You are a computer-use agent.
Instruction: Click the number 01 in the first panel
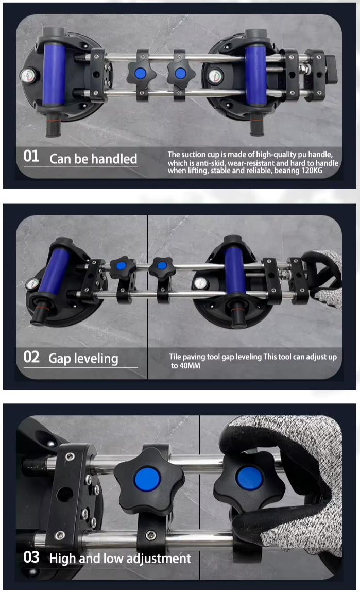pyautogui.click(x=31, y=156)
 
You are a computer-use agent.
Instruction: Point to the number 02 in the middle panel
pyautogui.click(x=31, y=357)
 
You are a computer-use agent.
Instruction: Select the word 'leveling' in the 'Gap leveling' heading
pyautogui.click(x=96, y=358)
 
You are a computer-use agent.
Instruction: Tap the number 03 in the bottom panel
pyautogui.click(x=31, y=557)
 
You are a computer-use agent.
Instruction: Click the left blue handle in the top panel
pyautogui.click(x=54, y=74)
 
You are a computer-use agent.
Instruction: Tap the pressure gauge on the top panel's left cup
pyautogui.click(x=27, y=76)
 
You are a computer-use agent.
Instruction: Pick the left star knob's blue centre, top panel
pyautogui.click(x=141, y=73)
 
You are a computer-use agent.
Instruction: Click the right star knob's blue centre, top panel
pyautogui.click(x=180, y=73)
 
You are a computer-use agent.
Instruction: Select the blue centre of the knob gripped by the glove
pyautogui.click(x=249, y=478)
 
